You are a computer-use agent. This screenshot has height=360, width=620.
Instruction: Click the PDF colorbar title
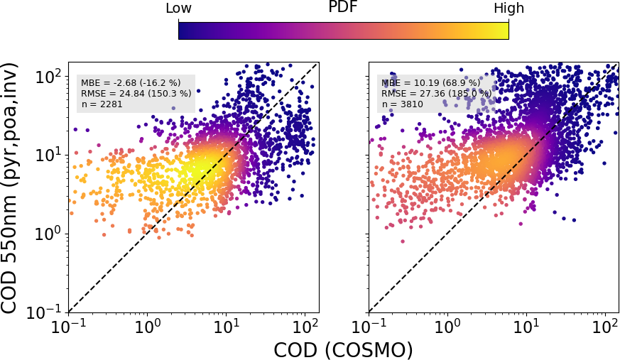(x=343, y=8)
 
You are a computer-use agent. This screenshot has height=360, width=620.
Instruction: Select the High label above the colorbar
(x=509, y=9)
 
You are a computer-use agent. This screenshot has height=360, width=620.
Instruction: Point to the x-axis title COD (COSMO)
(x=343, y=349)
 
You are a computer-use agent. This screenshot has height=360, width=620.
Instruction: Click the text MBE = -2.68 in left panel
(x=131, y=82)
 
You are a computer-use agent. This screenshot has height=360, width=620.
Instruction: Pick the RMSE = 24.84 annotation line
(x=136, y=93)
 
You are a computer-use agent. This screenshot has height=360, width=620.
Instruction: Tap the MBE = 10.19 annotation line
(x=430, y=82)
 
